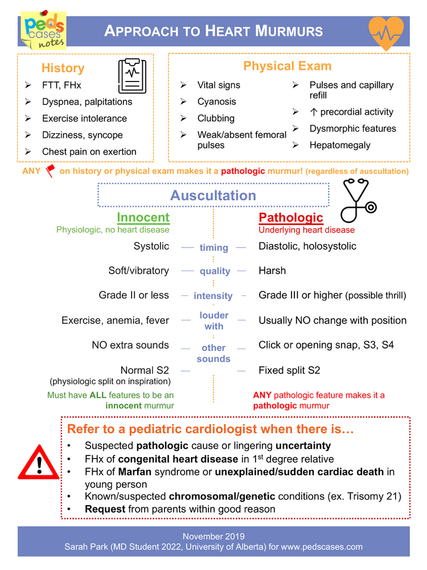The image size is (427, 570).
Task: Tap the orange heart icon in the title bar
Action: [386, 32]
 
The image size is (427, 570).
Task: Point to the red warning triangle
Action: [39, 463]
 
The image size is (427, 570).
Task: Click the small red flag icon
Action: [50, 170]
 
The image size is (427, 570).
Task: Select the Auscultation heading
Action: [213, 196]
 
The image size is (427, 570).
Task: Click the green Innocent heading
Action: [143, 217]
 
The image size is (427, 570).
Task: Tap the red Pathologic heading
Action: [290, 217]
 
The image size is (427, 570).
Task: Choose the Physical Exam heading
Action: [287, 66]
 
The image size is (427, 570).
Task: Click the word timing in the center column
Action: [213, 247]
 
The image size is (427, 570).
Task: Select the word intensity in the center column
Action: [213, 296]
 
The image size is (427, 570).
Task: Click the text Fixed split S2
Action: [289, 370]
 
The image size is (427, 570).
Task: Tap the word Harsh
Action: [272, 271]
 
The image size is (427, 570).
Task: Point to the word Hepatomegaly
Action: [339, 145]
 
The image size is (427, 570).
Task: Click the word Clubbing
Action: [216, 118]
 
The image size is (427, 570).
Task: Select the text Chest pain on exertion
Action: [89, 152]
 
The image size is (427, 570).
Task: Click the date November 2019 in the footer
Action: [213, 536]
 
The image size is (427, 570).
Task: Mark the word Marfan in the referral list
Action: [134, 472]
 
